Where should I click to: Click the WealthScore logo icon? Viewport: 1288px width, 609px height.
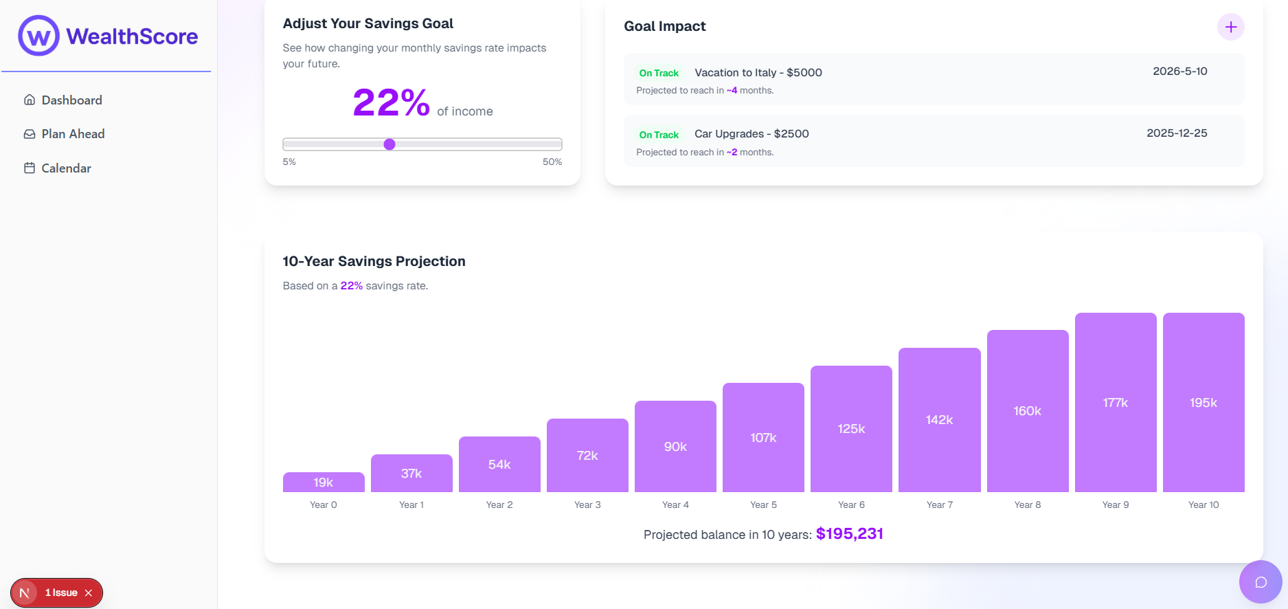pyautogui.click(x=38, y=36)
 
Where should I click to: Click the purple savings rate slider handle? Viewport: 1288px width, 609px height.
pyautogui.click(x=389, y=144)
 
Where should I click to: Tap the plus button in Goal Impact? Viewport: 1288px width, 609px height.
pyautogui.click(x=1230, y=27)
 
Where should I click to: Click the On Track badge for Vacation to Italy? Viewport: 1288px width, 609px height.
pyautogui.click(x=659, y=74)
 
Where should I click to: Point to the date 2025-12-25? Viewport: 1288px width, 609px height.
pyautogui.click(x=1177, y=133)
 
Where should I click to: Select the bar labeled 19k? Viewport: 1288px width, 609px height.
pyautogui.click(x=324, y=482)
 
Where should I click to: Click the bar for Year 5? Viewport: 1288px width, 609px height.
pyautogui.click(x=763, y=437)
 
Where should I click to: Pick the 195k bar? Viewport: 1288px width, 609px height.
pyautogui.click(x=1204, y=403)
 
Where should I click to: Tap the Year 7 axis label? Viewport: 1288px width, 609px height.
pyautogui.click(x=940, y=505)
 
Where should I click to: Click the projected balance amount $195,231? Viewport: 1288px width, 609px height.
pyautogui.click(x=849, y=534)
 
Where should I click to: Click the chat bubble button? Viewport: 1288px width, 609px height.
pyautogui.click(x=1261, y=582)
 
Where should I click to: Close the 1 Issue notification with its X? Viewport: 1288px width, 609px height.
pyautogui.click(x=89, y=593)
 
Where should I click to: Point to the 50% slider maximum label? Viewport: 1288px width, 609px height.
pyautogui.click(x=552, y=162)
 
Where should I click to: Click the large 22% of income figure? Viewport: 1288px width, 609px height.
pyautogui.click(x=391, y=103)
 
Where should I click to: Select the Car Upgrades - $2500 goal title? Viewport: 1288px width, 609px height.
pyautogui.click(x=752, y=134)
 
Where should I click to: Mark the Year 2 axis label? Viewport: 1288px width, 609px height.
pyautogui.click(x=499, y=505)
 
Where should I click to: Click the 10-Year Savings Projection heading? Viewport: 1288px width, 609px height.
pyautogui.click(x=374, y=261)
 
